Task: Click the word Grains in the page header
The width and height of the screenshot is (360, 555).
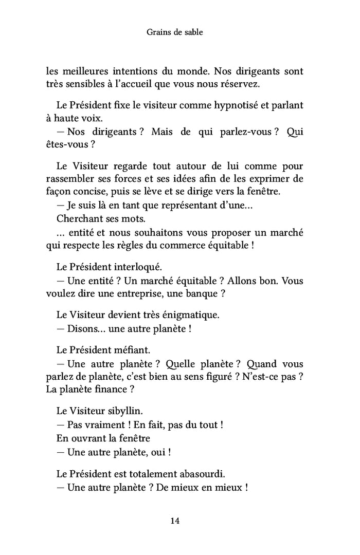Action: click(x=157, y=32)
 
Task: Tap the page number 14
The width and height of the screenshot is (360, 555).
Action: click(x=174, y=521)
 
